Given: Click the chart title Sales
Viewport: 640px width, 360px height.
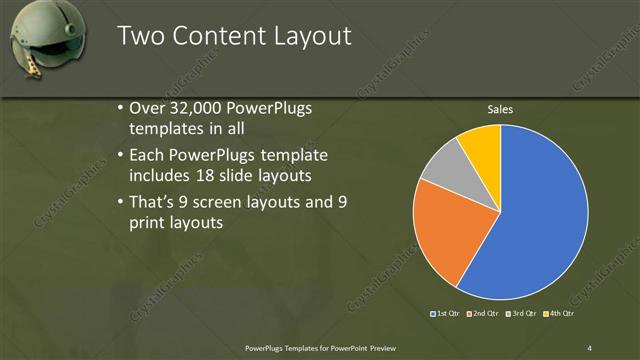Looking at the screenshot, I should [500, 109].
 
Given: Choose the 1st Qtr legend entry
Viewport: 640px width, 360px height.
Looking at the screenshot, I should [446, 314].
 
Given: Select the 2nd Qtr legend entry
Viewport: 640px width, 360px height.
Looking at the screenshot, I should [484, 314].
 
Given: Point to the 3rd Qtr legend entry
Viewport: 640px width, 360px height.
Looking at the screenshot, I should [523, 314].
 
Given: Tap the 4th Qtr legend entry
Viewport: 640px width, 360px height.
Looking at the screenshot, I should [560, 314].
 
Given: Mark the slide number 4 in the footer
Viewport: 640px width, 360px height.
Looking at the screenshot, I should [589, 347].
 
